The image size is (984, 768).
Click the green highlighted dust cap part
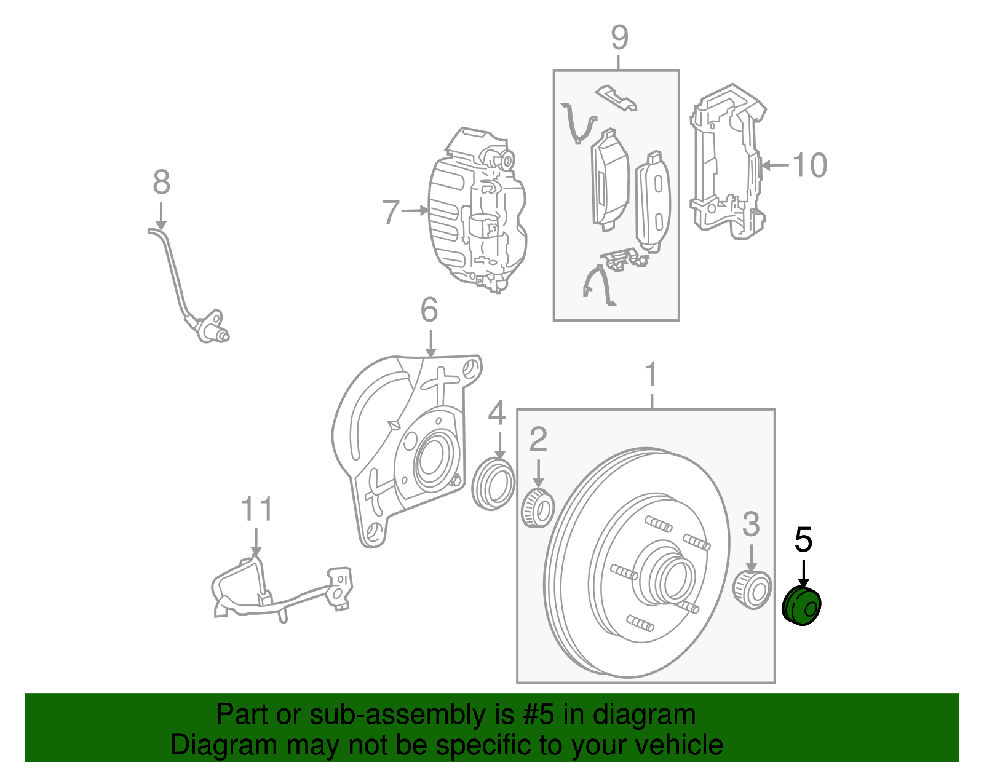(x=802, y=606)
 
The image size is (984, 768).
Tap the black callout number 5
(x=803, y=540)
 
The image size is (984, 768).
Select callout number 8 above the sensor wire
(x=161, y=183)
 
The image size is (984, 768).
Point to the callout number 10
(x=809, y=165)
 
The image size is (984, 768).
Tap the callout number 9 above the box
(x=619, y=38)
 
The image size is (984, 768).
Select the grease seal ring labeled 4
(x=493, y=484)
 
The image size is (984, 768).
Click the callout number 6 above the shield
(x=429, y=310)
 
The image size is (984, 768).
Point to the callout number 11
(x=256, y=510)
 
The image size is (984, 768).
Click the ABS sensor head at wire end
(x=212, y=327)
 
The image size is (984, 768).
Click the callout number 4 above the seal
(x=497, y=413)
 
